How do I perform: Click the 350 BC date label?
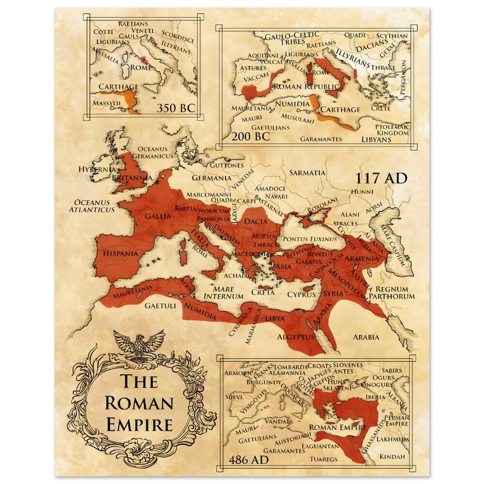[176, 107]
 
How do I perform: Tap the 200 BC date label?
[251, 136]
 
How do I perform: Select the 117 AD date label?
[381, 178]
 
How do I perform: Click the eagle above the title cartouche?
[139, 345]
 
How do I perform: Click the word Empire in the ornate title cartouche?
[139, 424]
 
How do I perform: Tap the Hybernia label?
[97, 169]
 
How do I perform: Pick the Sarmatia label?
[307, 172]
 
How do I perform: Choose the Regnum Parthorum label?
[392, 292]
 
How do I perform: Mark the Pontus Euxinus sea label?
[310, 239]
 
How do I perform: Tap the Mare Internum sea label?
[223, 293]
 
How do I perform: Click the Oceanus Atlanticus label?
[91, 206]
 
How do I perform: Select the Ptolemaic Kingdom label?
[393, 130]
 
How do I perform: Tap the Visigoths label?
[253, 401]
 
